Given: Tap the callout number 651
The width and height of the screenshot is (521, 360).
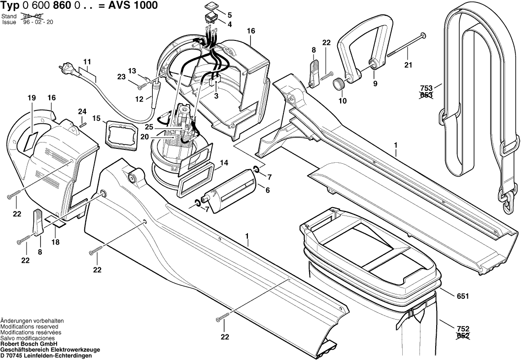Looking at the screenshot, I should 462,296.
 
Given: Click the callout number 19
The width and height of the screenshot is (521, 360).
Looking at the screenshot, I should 32,98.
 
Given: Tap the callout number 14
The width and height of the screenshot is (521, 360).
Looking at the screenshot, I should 224,162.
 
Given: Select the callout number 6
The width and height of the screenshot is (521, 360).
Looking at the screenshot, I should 268,190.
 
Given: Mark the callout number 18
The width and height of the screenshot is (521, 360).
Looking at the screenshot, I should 55,242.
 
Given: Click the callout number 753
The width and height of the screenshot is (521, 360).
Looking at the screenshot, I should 426,88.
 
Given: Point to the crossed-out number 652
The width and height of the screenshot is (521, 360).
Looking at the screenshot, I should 463,336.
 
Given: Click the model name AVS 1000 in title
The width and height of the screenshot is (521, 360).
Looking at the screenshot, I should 137,5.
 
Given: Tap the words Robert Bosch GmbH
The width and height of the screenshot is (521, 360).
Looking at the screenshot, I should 29,344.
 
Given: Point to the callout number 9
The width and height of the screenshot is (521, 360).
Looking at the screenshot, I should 375,84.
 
